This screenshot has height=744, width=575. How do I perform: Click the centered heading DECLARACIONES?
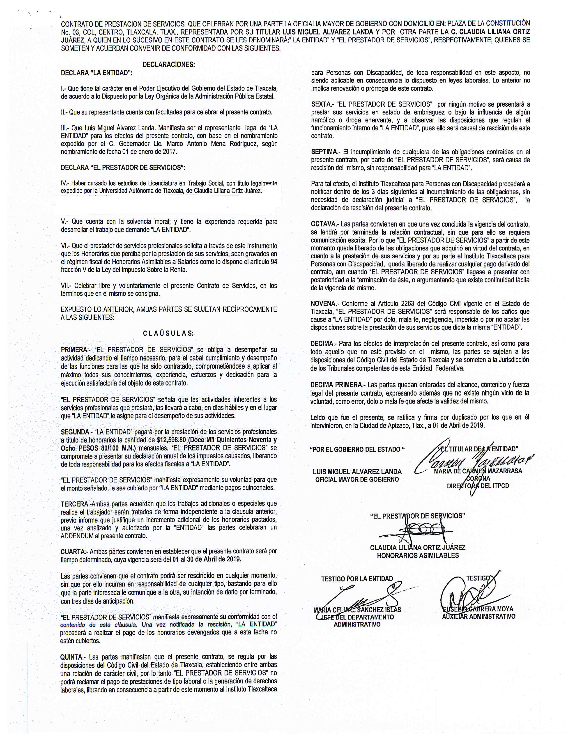169,65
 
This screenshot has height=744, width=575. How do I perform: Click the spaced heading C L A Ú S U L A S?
168,333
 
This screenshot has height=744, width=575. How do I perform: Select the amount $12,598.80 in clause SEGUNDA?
171,440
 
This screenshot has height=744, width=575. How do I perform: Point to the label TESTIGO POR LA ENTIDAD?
357,579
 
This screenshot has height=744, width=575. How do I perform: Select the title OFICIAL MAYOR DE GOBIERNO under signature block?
357,480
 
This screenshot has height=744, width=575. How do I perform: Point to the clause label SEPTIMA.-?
325,152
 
